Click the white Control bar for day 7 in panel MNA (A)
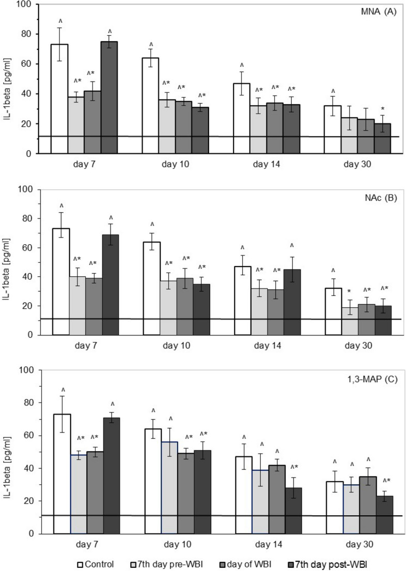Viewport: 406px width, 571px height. pos(59,99)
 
